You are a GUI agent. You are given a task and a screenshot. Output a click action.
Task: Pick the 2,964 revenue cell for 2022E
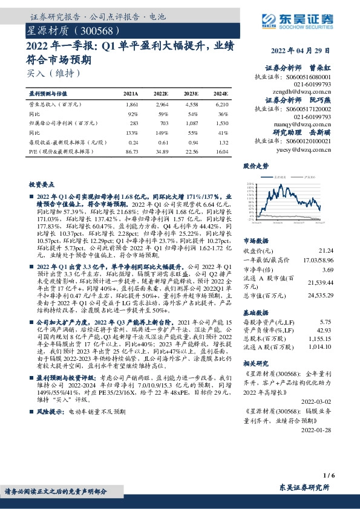coord(161,105)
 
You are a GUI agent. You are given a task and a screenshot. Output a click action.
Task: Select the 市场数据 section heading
coord(256,240)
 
